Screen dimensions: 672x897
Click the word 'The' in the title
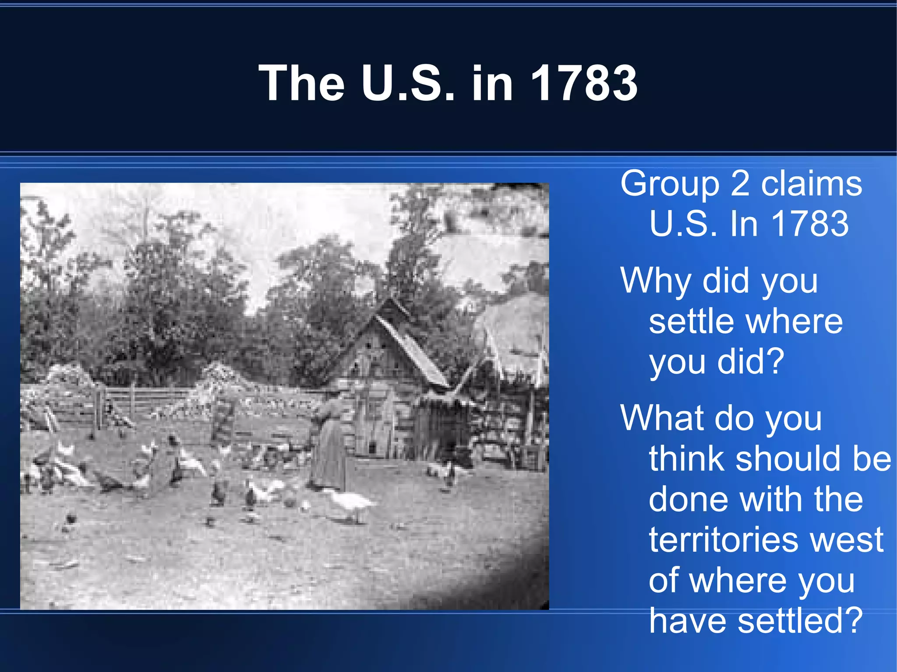pyautogui.click(x=302, y=83)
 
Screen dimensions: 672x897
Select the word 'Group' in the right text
pyautogui.click(x=670, y=184)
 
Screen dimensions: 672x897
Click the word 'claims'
pyautogui.click(x=811, y=184)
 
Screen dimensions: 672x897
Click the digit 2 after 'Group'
pyautogui.click(x=740, y=184)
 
